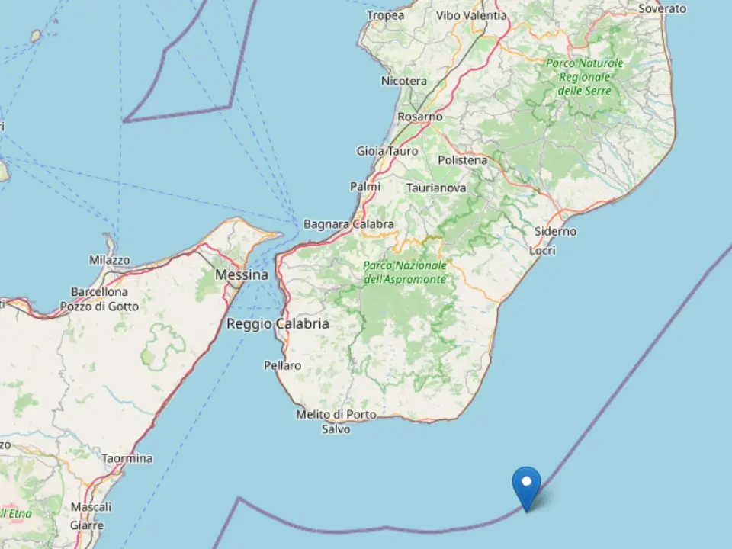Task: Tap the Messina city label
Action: tap(242, 274)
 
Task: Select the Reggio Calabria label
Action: tap(278, 324)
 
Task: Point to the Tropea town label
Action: tap(386, 15)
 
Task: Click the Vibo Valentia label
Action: tap(471, 15)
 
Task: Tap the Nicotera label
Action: tap(404, 80)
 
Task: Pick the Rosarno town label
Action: tap(420, 117)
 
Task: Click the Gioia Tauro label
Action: tap(387, 151)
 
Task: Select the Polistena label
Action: tap(463, 160)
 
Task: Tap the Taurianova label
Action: tap(437, 187)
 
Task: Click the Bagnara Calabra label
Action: tap(348, 224)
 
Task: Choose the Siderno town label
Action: tap(555, 231)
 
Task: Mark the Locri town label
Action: tap(543, 250)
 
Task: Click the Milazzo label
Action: tap(110, 260)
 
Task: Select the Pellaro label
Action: tap(282, 365)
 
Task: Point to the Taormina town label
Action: tap(127, 458)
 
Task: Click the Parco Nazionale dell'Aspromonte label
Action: tap(405, 272)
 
